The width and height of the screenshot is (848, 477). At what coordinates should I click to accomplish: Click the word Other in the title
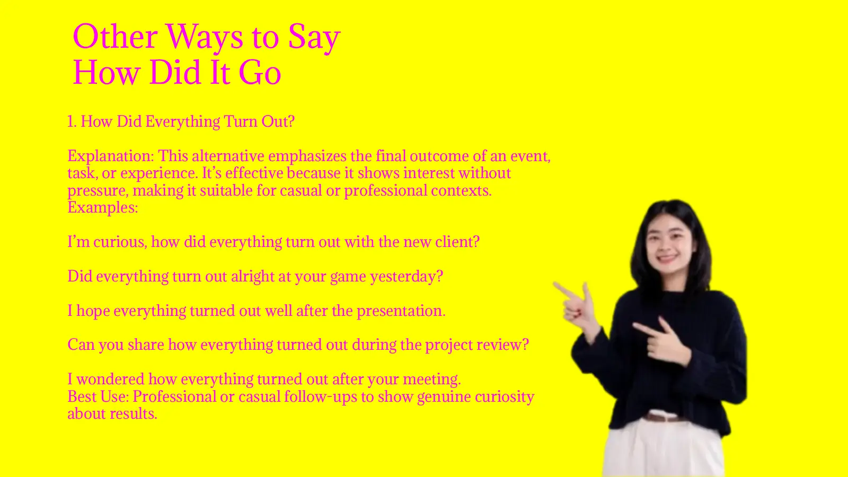tap(115, 37)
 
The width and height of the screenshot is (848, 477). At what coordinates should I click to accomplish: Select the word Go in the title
tap(260, 73)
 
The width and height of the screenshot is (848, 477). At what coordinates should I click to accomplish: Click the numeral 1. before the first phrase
tap(72, 121)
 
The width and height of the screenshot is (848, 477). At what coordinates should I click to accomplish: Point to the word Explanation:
tap(111, 156)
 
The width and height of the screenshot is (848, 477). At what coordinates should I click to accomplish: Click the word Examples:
tap(103, 207)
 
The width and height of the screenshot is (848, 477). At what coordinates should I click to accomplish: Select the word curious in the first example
tap(119, 242)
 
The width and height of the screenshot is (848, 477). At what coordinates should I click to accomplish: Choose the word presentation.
tap(401, 311)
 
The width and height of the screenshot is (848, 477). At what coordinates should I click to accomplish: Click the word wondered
tap(110, 379)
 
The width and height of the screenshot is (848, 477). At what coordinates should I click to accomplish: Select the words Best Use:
tap(98, 397)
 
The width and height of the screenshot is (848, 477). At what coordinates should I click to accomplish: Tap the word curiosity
tap(504, 397)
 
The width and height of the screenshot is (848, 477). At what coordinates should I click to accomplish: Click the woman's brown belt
tap(662, 418)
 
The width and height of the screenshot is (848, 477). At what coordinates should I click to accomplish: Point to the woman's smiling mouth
tap(667, 258)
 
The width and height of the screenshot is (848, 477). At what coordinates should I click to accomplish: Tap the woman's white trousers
tap(662, 450)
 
